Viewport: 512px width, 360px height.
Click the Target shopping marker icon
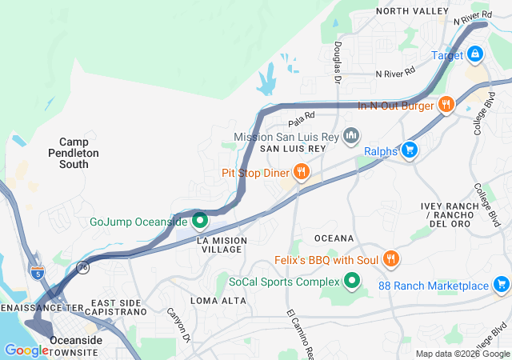[x=475, y=54]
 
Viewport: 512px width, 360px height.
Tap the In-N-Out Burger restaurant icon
[x=446, y=105]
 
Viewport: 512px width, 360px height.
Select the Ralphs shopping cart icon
[x=410, y=149]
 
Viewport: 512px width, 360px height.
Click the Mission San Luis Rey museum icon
[x=350, y=137]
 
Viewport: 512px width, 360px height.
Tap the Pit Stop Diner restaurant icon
[x=301, y=172]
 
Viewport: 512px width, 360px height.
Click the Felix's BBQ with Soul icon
[x=390, y=259]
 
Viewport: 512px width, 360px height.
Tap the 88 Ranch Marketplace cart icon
[x=501, y=285]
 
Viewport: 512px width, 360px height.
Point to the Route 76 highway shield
[x=82, y=270]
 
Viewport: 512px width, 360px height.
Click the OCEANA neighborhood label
[x=334, y=238]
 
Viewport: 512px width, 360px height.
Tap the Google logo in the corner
[x=26, y=350]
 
